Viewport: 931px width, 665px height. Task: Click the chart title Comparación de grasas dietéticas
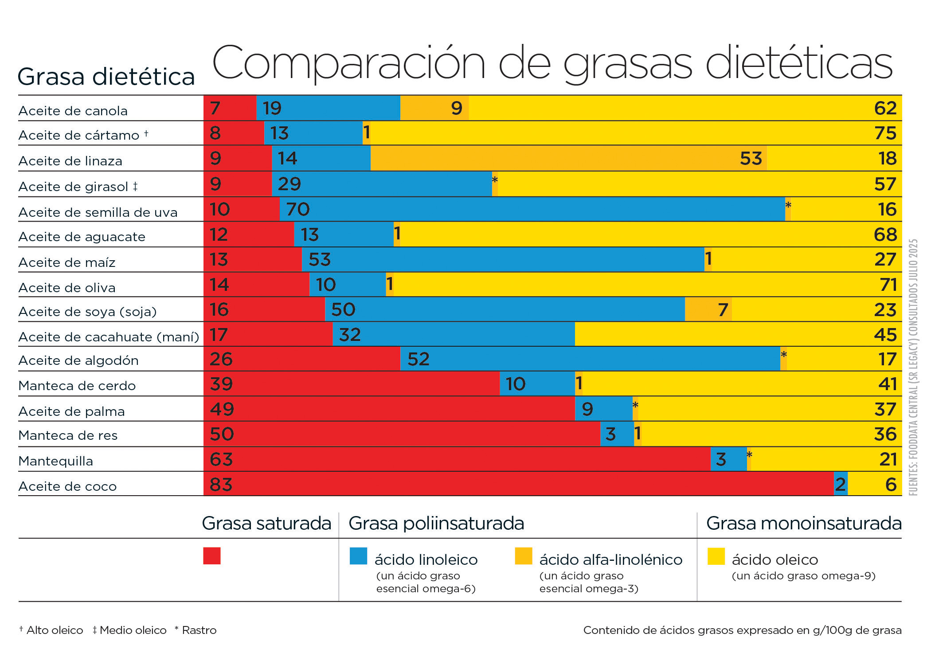click(x=552, y=63)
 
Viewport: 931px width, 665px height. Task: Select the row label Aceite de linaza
click(x=70, y=160)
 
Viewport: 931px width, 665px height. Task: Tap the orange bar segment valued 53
click(x=568, y=158)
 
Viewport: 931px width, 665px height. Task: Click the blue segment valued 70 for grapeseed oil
click(x=532, y=209)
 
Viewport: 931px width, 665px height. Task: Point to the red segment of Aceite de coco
click(x=519, y=484)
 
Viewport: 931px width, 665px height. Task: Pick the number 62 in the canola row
click(x=885, y=108)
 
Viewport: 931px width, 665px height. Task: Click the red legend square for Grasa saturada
click(x=212, y=556)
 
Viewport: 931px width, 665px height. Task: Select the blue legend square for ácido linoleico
click(x=358, y=556)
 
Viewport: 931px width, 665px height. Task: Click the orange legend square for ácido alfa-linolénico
click(x=523, y=556)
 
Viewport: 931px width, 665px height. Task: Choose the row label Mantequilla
click(x=56, y=461)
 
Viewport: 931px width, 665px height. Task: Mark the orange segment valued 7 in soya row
click(x=708, y=309)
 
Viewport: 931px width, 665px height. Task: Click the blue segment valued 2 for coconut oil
click(x=841, y=484)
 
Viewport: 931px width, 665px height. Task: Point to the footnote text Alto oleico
click(x=55, y=630)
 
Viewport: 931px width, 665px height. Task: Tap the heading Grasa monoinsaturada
click(x=803, y=524)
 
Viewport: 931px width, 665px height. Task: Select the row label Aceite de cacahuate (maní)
click(x=109, y=337)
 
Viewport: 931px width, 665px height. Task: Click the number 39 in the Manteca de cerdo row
click(x=221, y=384)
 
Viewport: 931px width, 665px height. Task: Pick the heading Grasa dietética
click(x=106, y=77)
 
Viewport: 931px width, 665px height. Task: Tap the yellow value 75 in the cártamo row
click(x=885, y=133)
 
